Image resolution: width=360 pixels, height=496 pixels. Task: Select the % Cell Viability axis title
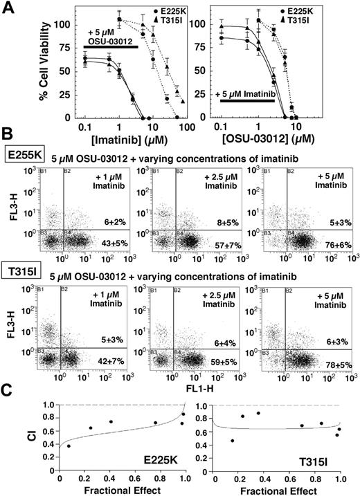[x=24, y=65]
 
